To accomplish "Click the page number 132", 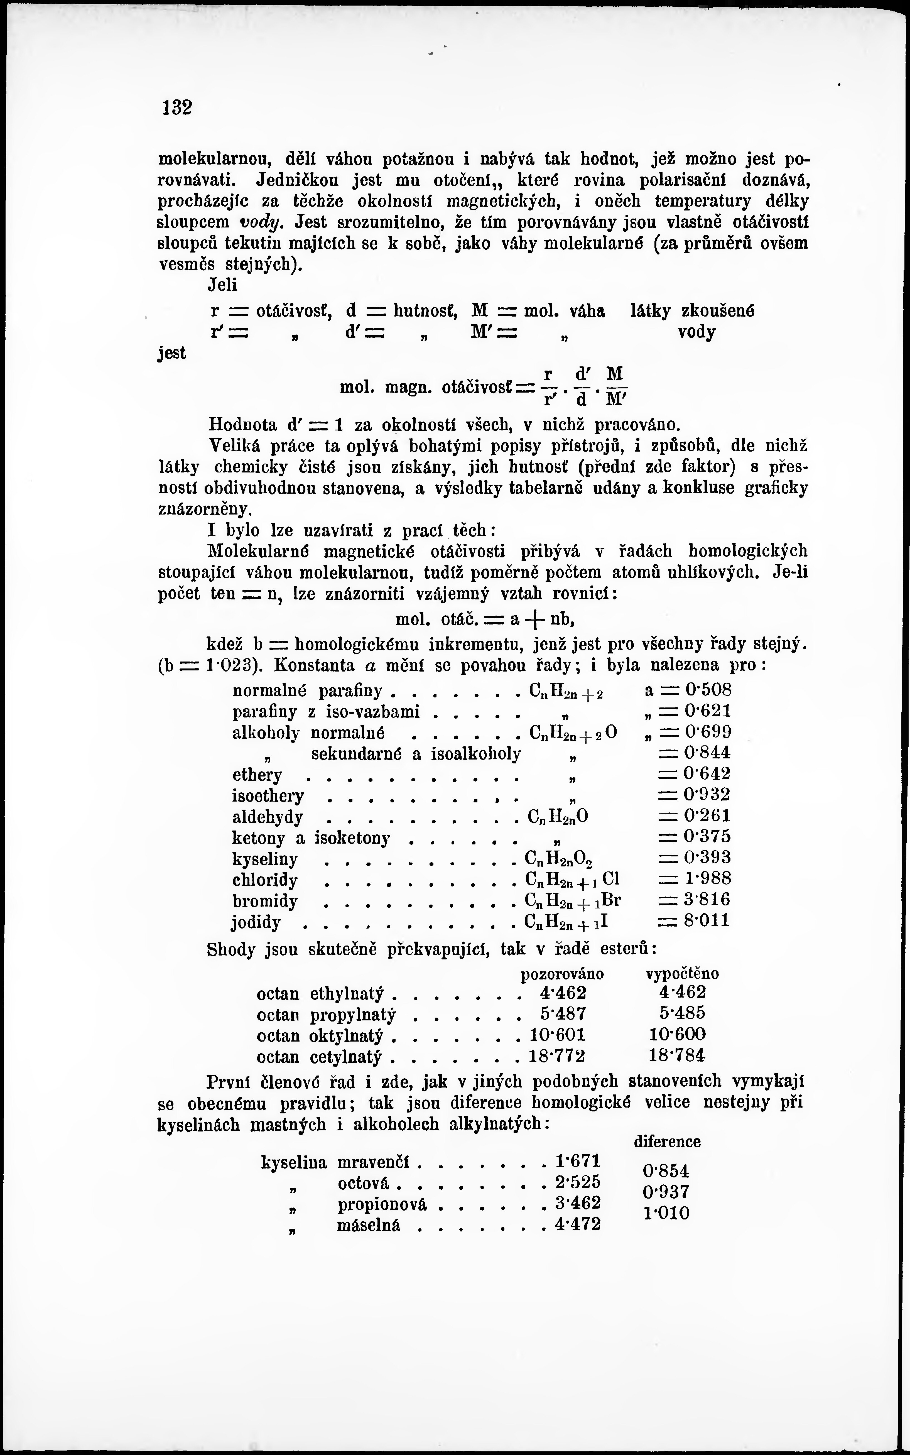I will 176,108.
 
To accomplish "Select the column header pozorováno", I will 561,973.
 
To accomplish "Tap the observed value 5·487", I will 563,1014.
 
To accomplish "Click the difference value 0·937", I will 666,1192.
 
